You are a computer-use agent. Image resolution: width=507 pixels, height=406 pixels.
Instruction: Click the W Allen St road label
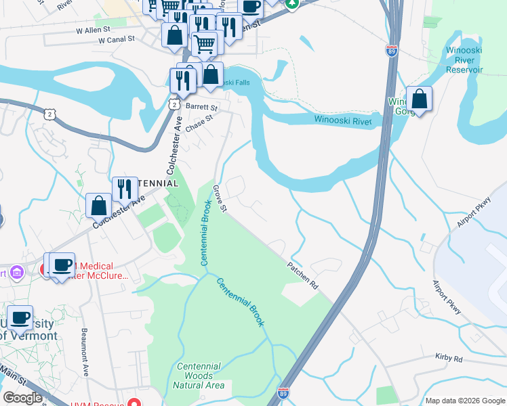(93, 31)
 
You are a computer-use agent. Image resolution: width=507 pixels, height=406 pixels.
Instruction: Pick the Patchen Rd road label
(302, 276)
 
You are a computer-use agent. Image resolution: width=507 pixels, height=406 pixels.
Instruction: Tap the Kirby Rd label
(449, 359)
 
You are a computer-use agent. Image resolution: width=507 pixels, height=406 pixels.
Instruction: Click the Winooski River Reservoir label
(464, 60)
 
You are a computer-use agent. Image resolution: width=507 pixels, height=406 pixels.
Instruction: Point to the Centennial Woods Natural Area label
(199, 376)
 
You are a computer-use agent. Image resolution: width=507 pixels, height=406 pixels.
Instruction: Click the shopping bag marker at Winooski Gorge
(420, 100)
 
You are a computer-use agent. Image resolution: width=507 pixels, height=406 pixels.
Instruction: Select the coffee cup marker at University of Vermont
(20, 317)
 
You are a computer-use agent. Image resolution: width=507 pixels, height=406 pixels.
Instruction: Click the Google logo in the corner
(22, 398)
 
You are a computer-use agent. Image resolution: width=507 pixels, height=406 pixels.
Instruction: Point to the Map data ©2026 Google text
(464, 401)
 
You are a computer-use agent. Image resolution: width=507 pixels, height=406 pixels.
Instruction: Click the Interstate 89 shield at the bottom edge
(284, 392)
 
